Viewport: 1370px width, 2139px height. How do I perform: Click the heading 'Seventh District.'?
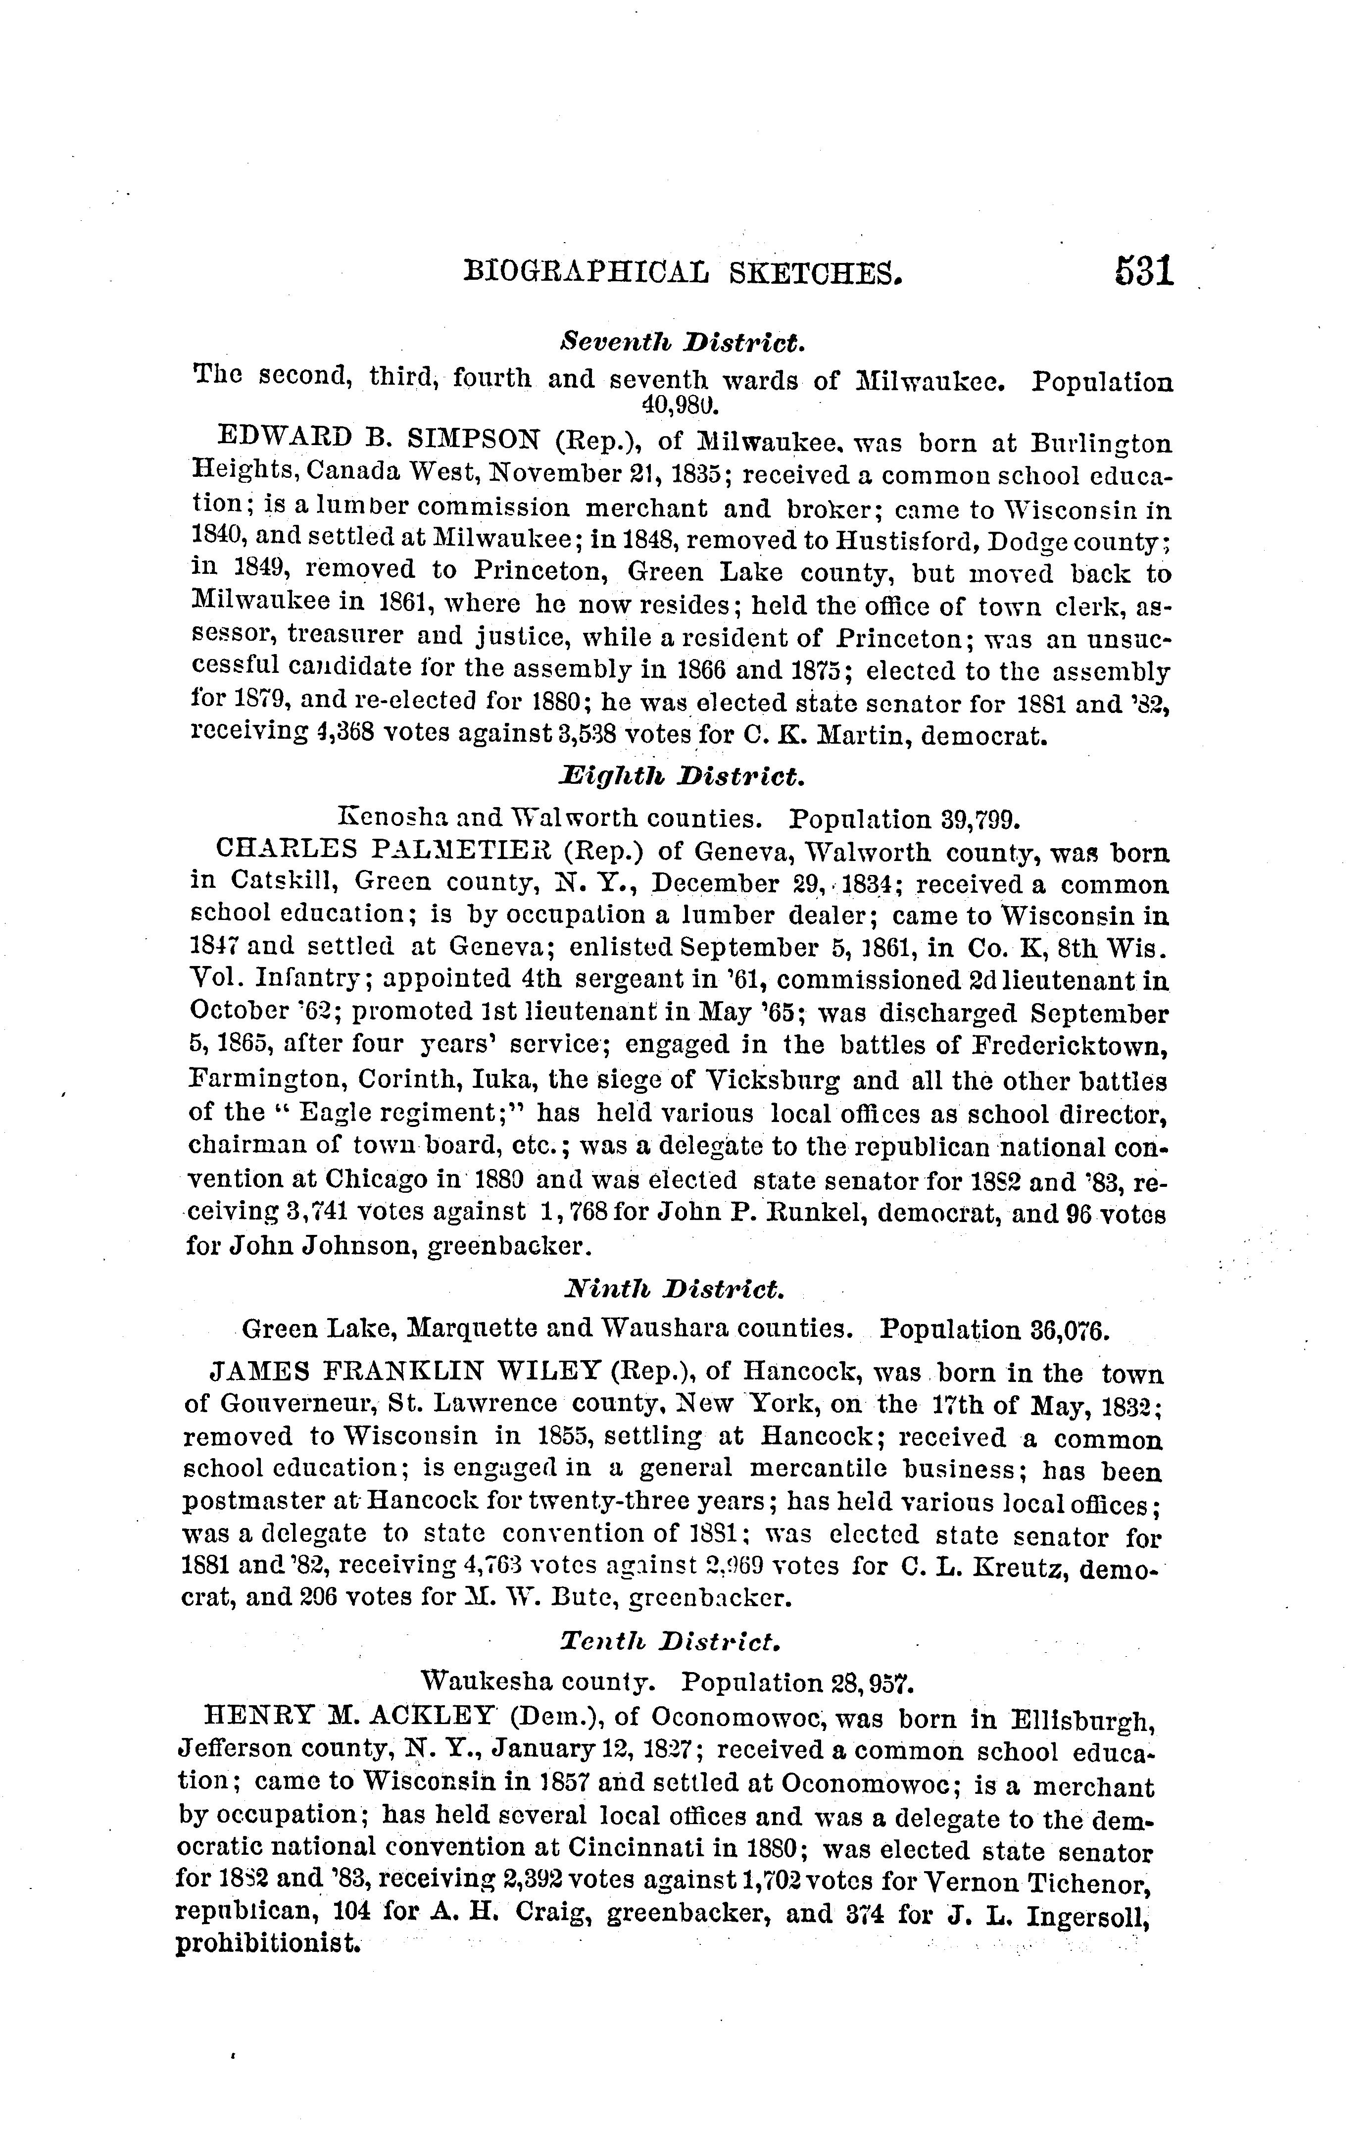(683, 342)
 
